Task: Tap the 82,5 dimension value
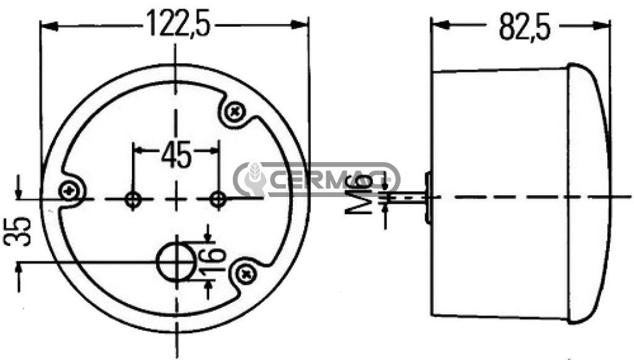[x=525, y=26]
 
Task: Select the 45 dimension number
[x=176, y=156]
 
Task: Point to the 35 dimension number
[x=17, y=232]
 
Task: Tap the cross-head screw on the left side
[x=69, y=190]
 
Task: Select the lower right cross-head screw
[x=246, y=275]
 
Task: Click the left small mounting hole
[x=133, y=199]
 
